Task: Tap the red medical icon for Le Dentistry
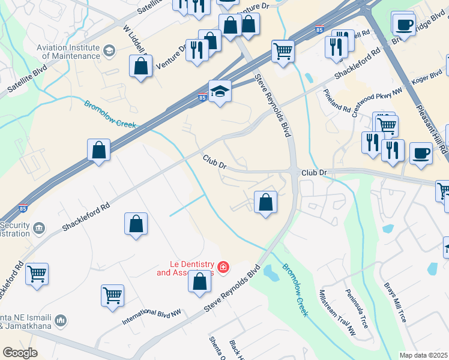point(223,266)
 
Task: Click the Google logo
point(20,353)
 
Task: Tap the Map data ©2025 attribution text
point(423,355)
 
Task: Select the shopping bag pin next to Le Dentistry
point(200,281)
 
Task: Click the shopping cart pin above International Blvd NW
point(112,296)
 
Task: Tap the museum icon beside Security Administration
point(39,227)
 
